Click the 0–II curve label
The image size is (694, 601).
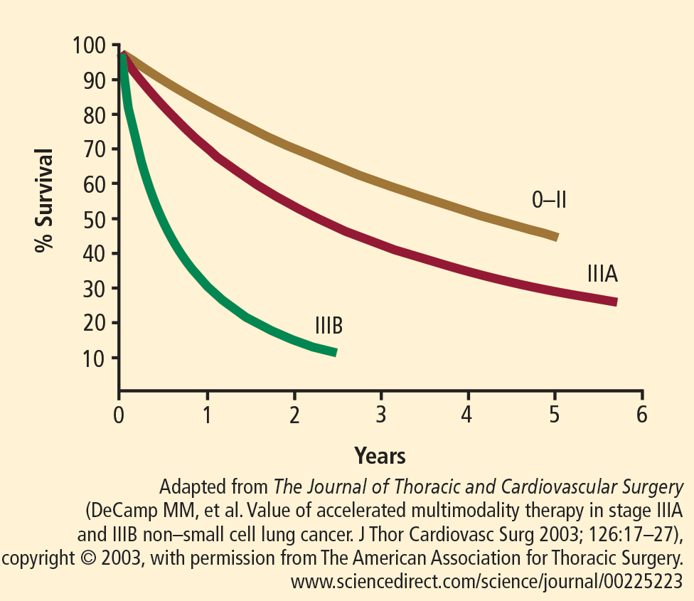click(549, 201)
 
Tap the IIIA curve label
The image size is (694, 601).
click(602, 274)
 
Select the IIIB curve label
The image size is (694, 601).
click(329, 326)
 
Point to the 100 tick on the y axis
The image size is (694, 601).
click(89, 46)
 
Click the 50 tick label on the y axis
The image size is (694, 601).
click(92, 219)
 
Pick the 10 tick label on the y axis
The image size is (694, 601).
click(92, 358)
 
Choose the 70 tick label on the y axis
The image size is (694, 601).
click(92, 150)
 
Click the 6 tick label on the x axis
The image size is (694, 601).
click(642, 414)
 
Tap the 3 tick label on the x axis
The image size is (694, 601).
click(381, 414)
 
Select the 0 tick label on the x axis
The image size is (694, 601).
click(119, 414)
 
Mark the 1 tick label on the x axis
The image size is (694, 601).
click(207, 414)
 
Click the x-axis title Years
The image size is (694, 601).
click(380, 455)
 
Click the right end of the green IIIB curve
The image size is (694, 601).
click(335, 352)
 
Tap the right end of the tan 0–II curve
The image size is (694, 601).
click(556, 237)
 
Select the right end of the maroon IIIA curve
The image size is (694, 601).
click(615, 302)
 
